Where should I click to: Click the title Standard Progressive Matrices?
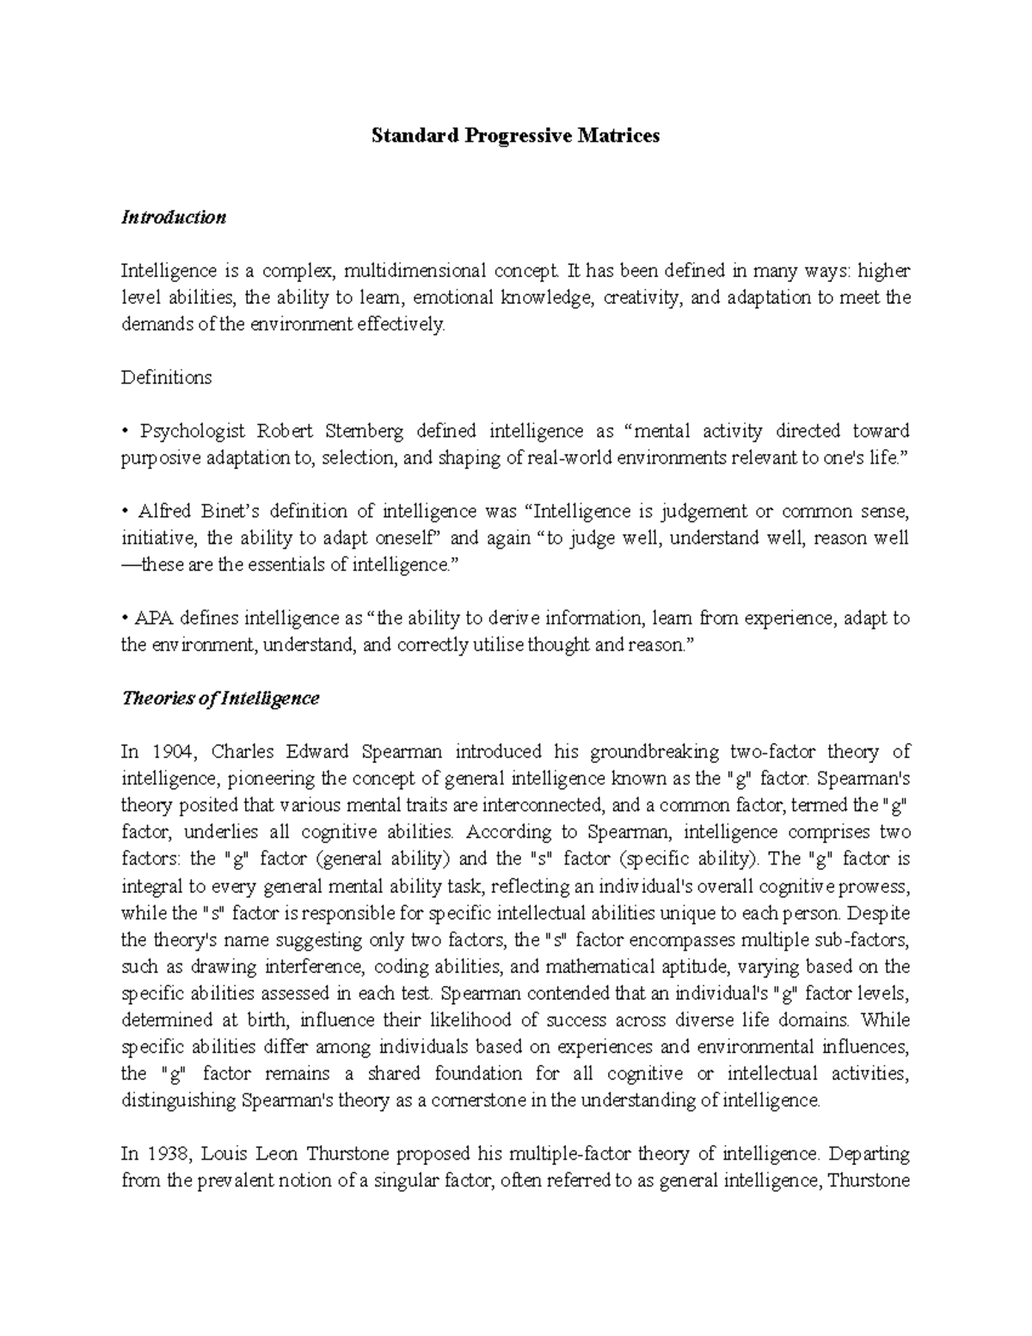[515, 136]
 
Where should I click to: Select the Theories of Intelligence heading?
[220, 698]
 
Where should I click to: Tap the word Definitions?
[166, 378]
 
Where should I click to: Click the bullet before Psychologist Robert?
[126, 432]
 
